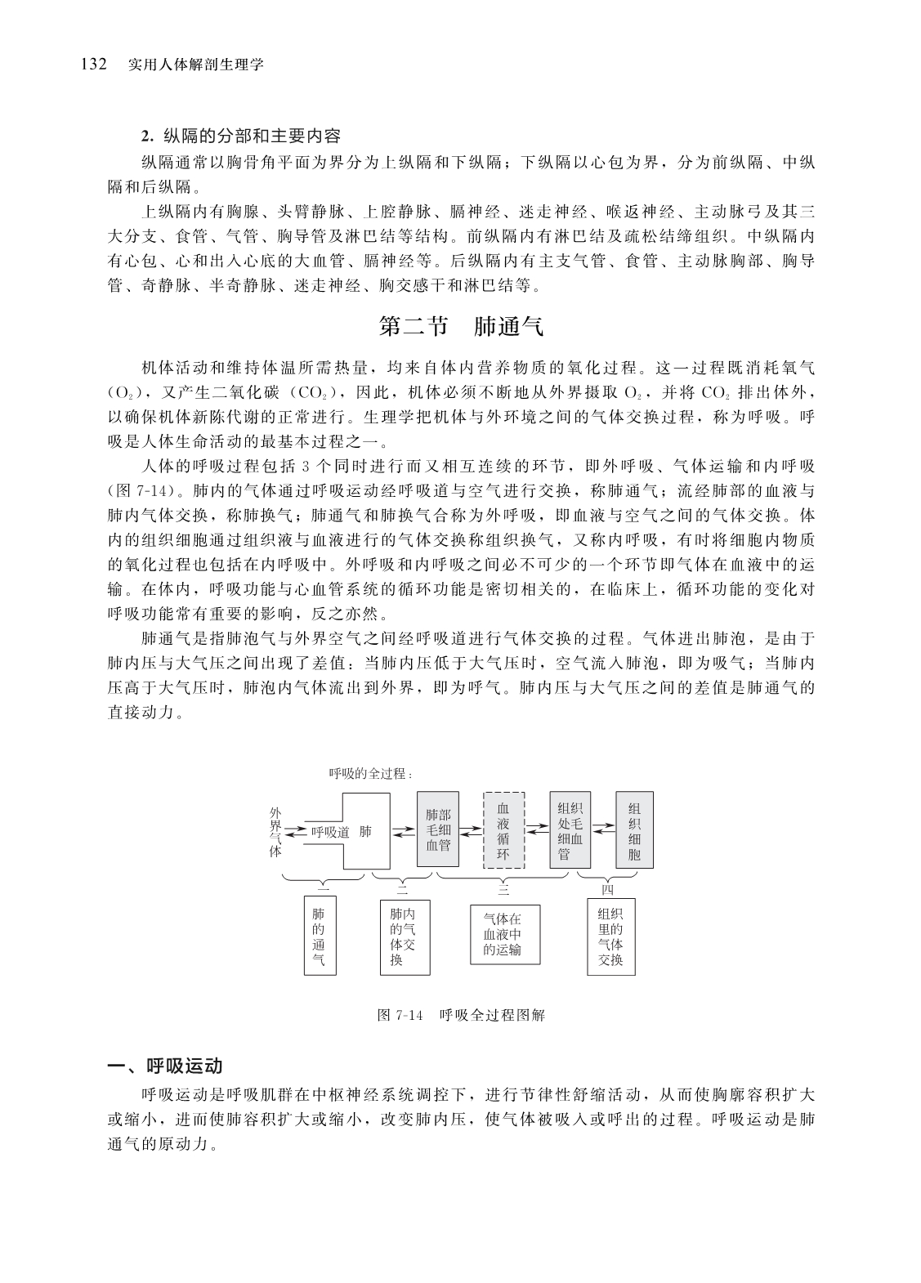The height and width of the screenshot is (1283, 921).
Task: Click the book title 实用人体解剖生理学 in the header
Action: (x=196, y=65)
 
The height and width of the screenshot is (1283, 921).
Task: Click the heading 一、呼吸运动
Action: (x=166, y=1066)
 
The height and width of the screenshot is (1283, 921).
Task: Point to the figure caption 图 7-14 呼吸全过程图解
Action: (x=461, y=1015)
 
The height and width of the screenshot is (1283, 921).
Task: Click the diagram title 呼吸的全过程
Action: (x=370, y=773)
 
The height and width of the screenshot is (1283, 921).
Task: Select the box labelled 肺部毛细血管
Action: (x=438, y=829)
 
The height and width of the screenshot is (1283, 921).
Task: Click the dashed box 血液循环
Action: (x=503, y=830)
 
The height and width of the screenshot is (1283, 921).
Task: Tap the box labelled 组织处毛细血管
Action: (x=570, y=830)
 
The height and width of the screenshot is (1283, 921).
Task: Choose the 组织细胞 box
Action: (x=634, y=830)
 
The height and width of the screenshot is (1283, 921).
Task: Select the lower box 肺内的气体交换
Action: (x=402, y=937)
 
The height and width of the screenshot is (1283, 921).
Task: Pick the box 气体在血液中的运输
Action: (x=503, y=934)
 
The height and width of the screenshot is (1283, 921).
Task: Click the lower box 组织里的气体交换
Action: (x=610, y=937)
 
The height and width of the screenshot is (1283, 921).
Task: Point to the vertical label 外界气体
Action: (x=275, y=831)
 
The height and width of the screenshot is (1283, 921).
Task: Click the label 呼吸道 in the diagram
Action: (x=330, y=832)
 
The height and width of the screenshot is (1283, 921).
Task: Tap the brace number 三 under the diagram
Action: (x=503, y=887)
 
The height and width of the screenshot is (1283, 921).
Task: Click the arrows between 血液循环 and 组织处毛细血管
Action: (x=536, y=829)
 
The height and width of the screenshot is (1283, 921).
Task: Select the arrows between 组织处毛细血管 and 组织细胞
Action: (x=603, y=829)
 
